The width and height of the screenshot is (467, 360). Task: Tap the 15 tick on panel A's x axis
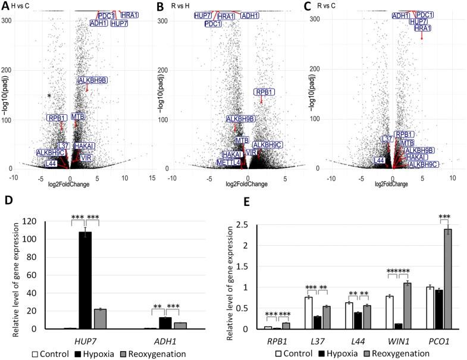152,177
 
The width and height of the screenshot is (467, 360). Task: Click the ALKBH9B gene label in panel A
92,80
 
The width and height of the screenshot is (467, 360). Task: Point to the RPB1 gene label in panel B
262,92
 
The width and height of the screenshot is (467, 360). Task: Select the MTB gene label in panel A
78,117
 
